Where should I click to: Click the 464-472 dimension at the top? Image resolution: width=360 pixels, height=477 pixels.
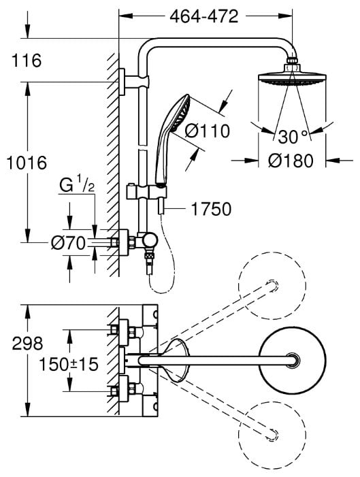204,16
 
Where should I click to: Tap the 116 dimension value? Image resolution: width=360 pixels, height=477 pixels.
27,61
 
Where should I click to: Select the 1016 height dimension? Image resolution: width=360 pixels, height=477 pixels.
27,163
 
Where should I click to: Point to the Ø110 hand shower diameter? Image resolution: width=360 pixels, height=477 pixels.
207,131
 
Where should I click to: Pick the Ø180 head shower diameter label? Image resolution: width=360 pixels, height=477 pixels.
291,161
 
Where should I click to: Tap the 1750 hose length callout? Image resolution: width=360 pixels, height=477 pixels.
211,209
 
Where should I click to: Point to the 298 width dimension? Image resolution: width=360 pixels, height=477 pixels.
27,343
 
